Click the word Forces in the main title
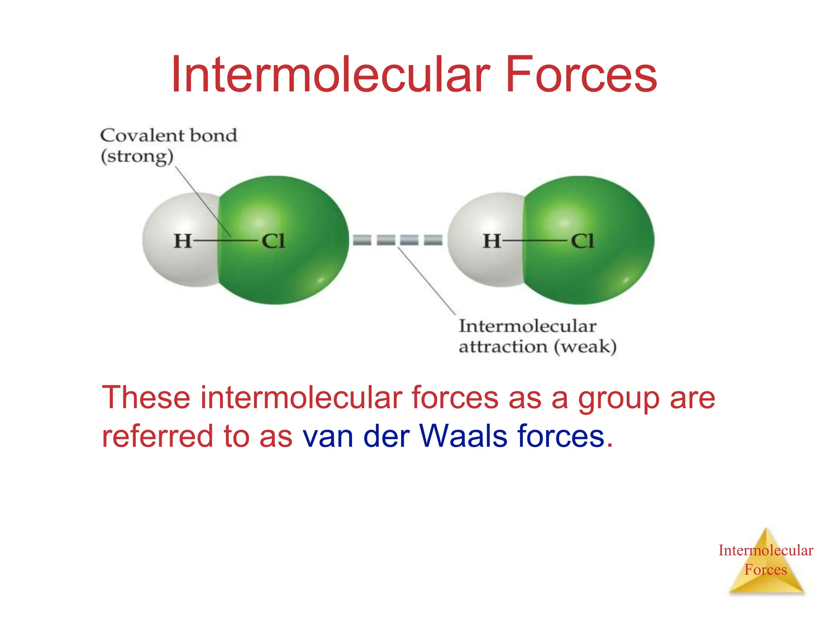point(581,75)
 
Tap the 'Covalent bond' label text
point(169,135)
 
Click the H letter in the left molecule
point(182,241)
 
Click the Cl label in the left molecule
point(273,241)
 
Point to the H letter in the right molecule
point(492,241)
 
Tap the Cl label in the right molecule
point(582,241)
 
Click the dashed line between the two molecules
point(397,240)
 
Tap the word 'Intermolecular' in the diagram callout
point(527,326)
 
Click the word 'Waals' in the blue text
point(463,436)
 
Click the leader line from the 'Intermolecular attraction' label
point(427,281)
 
